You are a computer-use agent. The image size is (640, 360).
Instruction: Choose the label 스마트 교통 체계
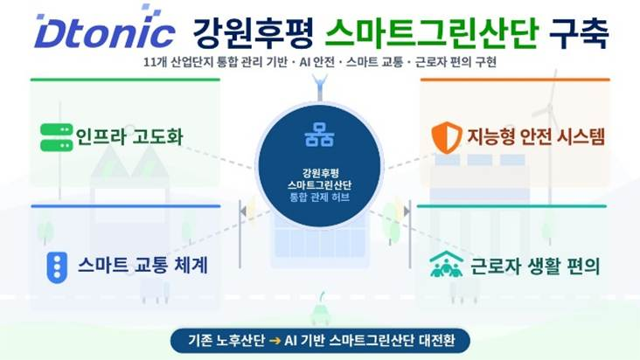142,265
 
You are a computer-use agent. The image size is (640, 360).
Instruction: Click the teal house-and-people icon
446,265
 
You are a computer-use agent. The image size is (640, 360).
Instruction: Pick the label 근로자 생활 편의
532,265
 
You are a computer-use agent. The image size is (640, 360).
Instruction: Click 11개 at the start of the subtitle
157,65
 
